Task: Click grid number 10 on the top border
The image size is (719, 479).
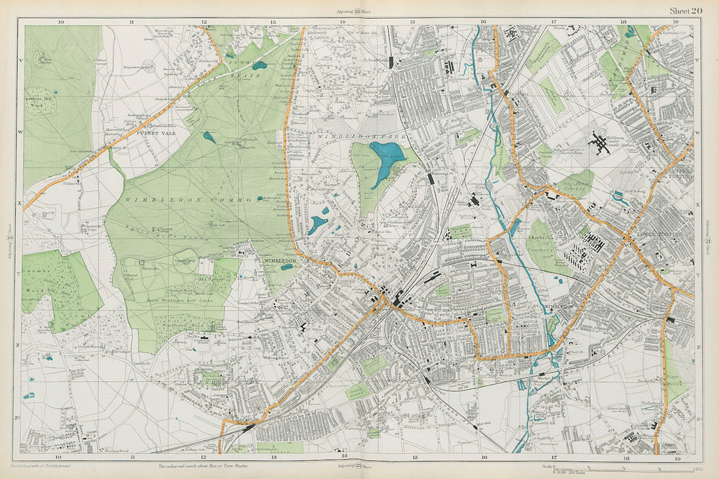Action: click(60, 22)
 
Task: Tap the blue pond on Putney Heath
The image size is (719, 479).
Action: click(259, 65)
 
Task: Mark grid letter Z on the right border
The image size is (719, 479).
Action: click(697, 347)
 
